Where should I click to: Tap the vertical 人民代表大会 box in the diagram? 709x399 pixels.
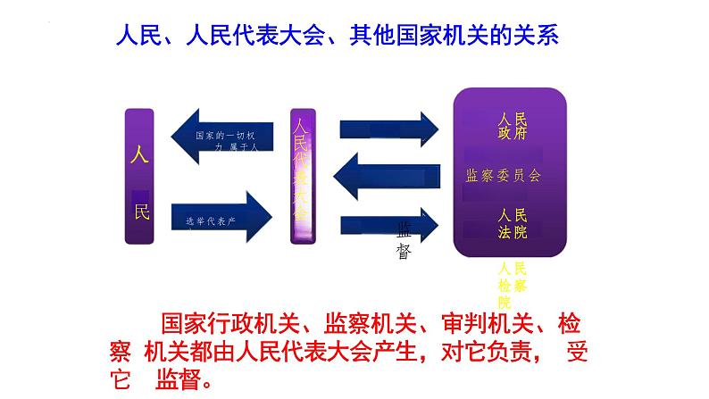tap(304, 174)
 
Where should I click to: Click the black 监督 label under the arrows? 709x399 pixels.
tap(404, 241)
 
